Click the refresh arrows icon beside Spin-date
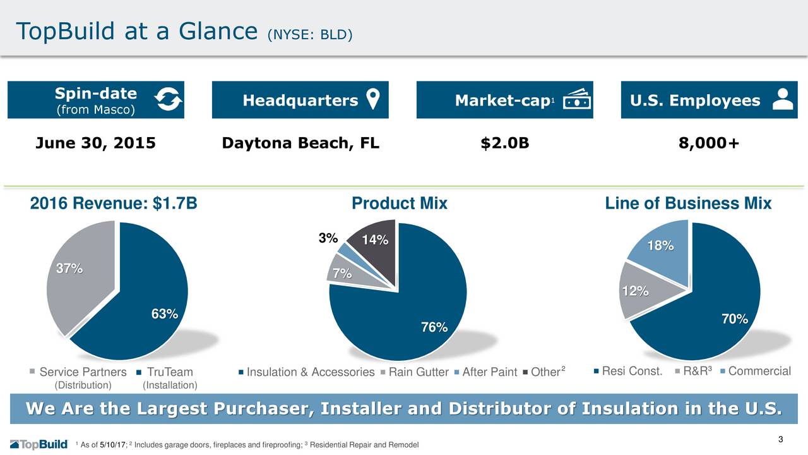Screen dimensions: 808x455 point(169,99)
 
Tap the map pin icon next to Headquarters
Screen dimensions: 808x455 point(373,99)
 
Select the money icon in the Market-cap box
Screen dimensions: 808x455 point(577,99)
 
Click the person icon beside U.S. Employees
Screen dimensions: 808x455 point(783,99)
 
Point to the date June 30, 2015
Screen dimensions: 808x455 point(95,143)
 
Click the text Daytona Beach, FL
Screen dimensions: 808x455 point(300,143)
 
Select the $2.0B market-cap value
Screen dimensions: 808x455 point(505,143)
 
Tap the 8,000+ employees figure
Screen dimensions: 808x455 point(709,143)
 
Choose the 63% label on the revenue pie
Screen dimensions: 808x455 point(165,314)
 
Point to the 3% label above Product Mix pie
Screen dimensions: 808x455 point(328,238)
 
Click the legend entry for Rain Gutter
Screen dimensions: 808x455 point(415,372)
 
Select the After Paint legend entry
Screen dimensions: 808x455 point(485,372)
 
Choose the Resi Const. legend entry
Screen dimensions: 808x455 point(628,371)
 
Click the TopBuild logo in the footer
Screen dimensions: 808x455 point(39,444)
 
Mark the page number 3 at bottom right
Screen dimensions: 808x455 point(781,439)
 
